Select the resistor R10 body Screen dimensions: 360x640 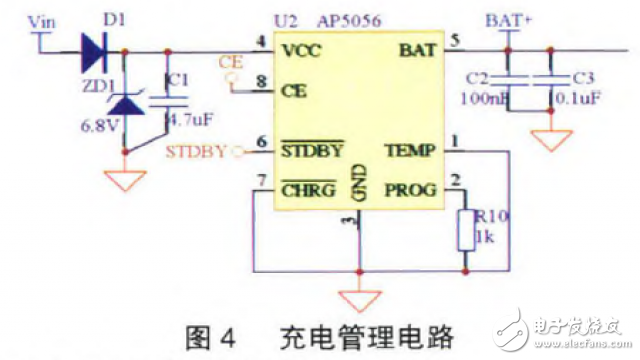[463, 231]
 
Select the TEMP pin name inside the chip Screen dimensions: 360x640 [409, 151]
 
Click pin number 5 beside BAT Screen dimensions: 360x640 [456, 40]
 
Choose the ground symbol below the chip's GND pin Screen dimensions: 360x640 [358, 299]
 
